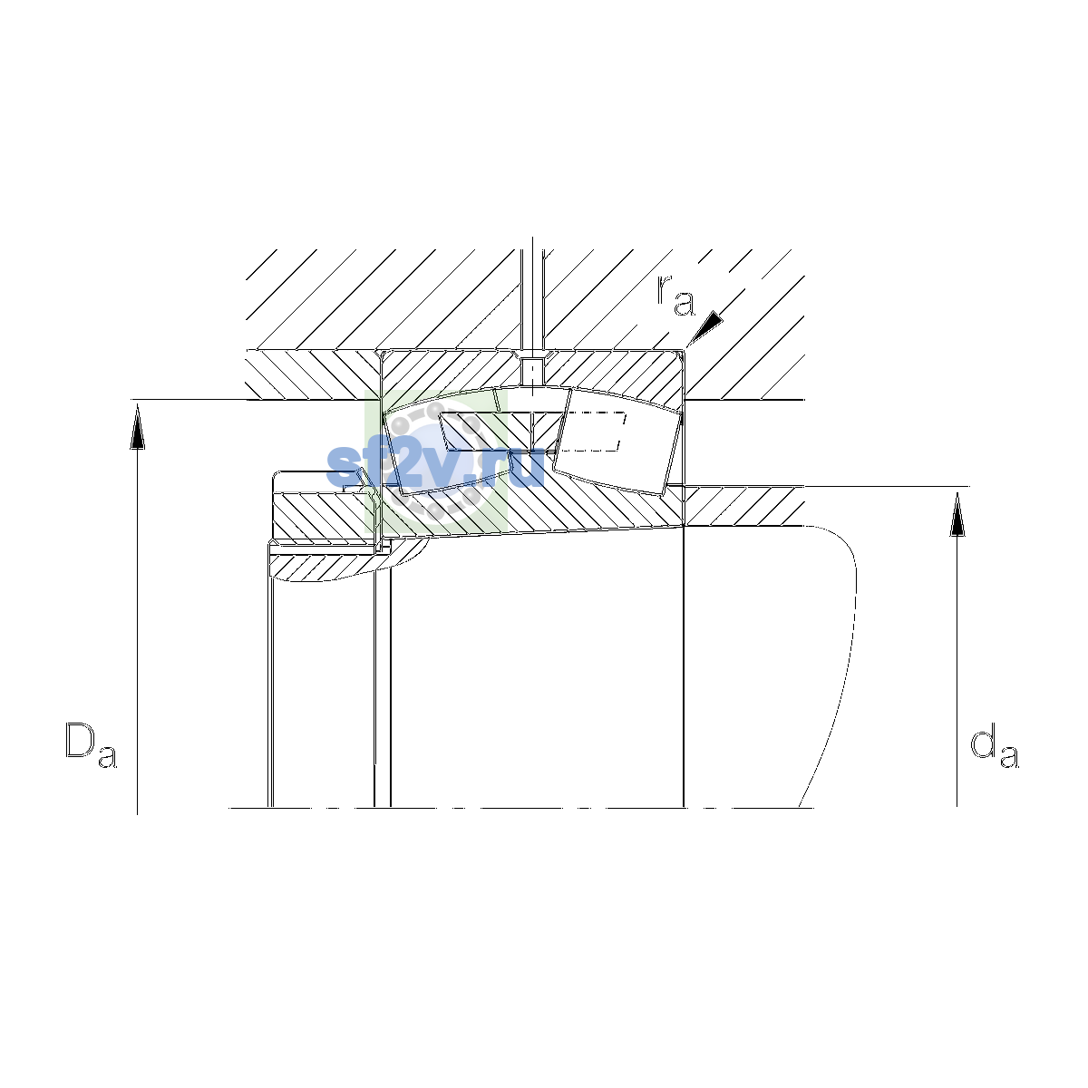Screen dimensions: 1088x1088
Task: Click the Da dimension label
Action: click(x=91, y=744)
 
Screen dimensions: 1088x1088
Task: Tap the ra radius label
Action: click(x=675, y=296)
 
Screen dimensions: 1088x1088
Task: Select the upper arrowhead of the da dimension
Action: click(x=957, y=513)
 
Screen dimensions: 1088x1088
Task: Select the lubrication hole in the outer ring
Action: click(x=531, y=369)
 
